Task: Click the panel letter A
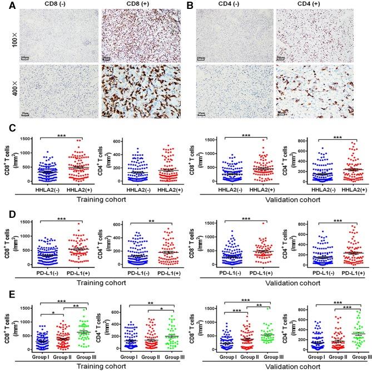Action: coord(4,4)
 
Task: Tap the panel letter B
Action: coord(191,4)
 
